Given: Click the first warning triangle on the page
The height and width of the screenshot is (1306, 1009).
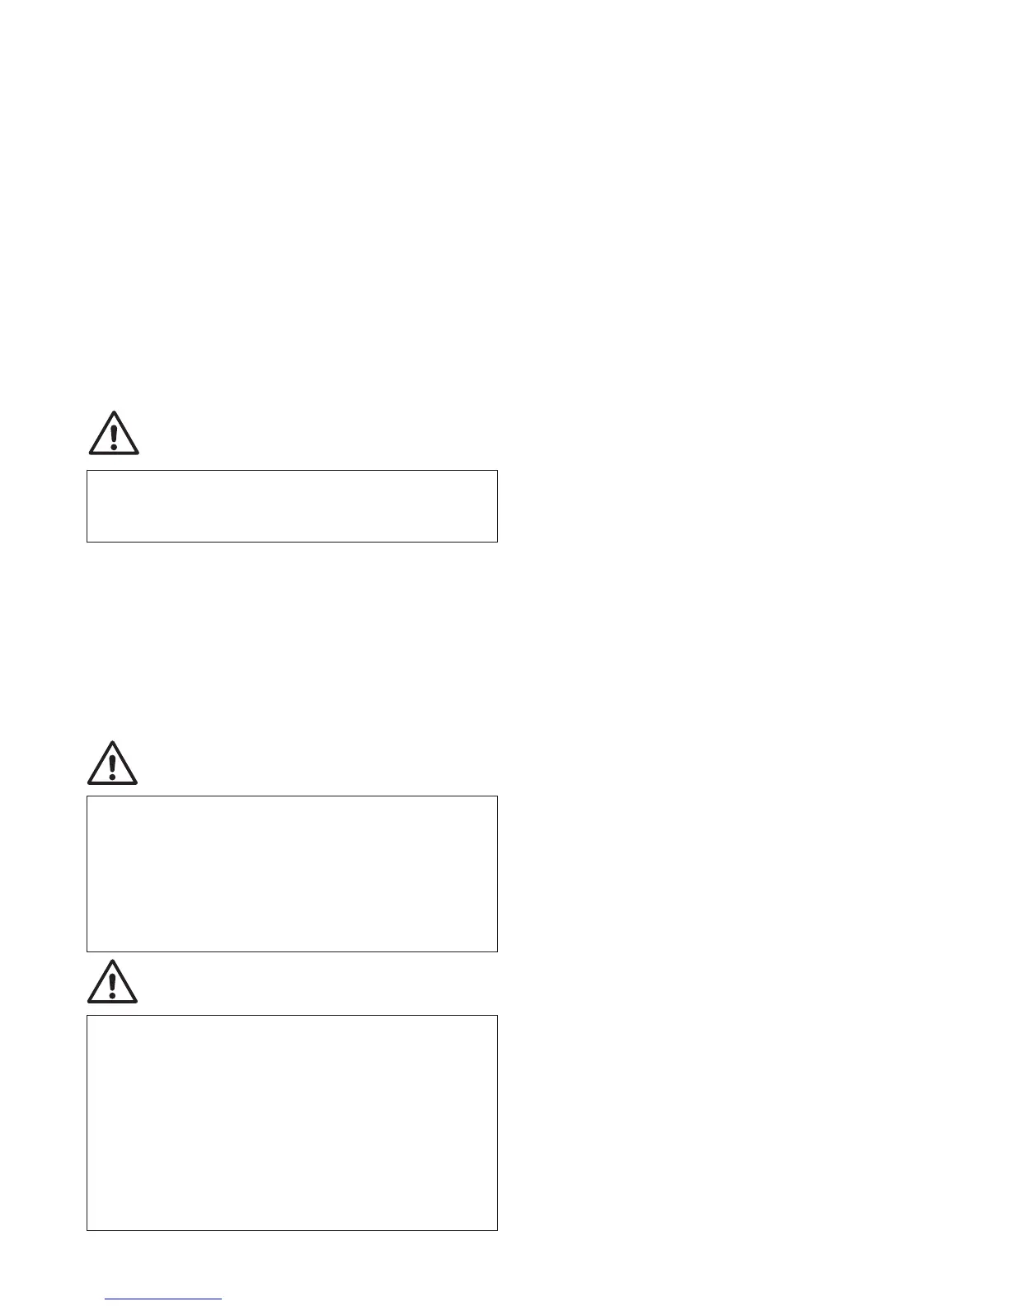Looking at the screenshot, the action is click(x=114, y=435).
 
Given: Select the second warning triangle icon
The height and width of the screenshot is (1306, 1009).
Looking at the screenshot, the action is click(x=112, y=764).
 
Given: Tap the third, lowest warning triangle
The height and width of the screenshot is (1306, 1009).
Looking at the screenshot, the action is click(x=112, y=984).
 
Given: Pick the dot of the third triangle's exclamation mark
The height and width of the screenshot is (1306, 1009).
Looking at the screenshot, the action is click(x=112, y=995).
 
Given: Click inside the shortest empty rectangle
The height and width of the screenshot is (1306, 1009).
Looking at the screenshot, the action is click(x=292, y=506).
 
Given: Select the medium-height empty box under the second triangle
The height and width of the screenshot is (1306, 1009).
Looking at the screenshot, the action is click(x=292, y=874).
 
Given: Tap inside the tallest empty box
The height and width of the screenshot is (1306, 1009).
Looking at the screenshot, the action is click(x=292, y=1123).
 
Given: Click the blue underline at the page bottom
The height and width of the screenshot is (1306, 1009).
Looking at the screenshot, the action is click(x=163, y=1299).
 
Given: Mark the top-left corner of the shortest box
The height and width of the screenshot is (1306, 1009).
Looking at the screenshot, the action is click(x=87, y=471).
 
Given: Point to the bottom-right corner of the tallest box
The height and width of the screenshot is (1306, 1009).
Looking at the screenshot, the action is click(x=497, y=1230).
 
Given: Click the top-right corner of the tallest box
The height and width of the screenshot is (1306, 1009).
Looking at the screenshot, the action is click(x=497, y=1016).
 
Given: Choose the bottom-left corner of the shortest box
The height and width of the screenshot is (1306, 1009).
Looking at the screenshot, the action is click(x=87, y=542).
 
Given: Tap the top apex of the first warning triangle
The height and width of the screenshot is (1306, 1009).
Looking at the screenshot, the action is click(x=114, y=412).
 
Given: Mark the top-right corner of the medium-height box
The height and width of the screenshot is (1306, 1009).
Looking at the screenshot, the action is click(x=497, y=796).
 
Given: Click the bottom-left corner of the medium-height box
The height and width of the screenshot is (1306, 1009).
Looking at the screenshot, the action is click(x=87, y=951).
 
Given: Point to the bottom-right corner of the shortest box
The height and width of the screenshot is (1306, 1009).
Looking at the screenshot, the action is click(x=497, y=542).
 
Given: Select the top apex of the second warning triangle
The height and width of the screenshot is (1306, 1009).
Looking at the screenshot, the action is click(x=112, y=742).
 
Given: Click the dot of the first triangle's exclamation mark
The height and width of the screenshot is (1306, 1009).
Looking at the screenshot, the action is click(x=114, y=446).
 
